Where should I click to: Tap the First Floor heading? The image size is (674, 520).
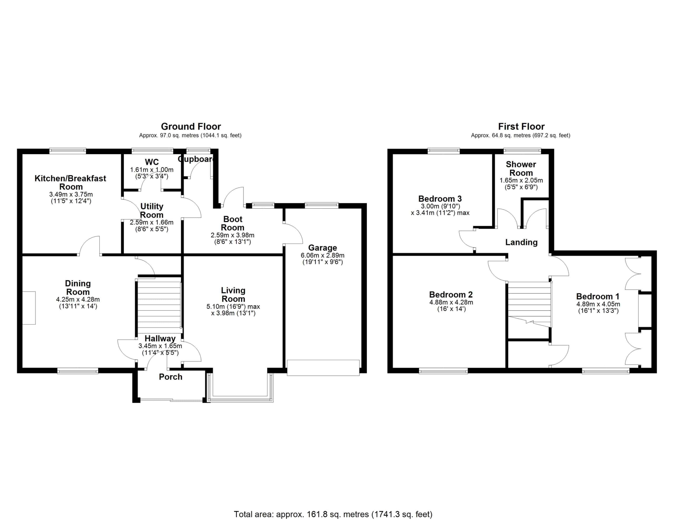tap(521, 126)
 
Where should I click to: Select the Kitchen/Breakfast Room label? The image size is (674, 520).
tap(70, 182)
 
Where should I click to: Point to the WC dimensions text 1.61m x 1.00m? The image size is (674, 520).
tap(152, 170)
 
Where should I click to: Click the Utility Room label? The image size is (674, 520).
tap(152, 211)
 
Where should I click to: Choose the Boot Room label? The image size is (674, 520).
tap(233, 223)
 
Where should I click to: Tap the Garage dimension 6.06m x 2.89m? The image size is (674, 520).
tap(323, 255)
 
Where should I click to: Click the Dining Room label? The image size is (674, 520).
tap(78, 288)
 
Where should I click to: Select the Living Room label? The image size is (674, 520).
tap(233, 295)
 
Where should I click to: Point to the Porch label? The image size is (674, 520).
tap(170, 377)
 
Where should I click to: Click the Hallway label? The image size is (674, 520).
tap(160, 338)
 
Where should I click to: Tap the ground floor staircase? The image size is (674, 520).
tap(158, 305)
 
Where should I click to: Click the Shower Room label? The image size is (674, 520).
tap(521, 169)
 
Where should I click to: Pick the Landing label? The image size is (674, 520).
tap(521, 242)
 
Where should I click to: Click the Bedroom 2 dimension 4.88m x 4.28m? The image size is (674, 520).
tap(451, 302)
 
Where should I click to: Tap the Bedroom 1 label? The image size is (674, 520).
tap(598, 297)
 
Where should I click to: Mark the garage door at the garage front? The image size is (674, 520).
tap(323, 368)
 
